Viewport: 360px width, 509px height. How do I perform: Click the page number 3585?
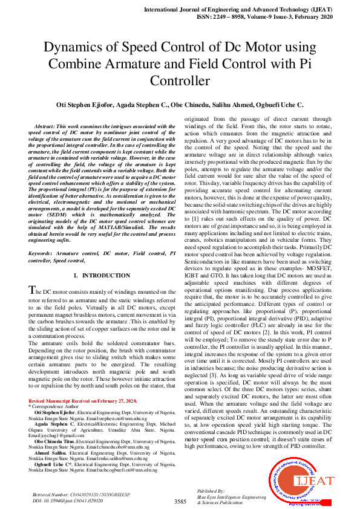tap(180, 502)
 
